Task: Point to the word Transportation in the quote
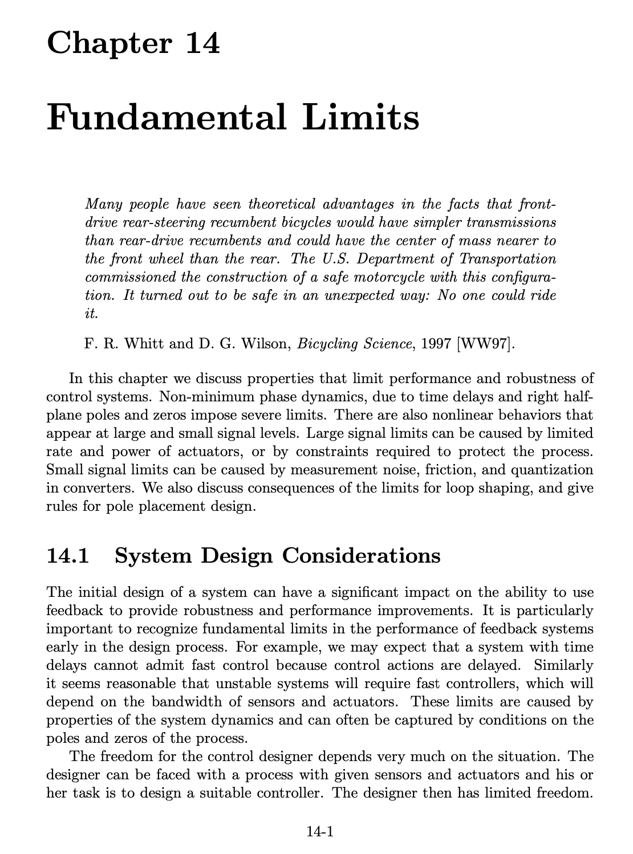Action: pyautogui.click(x=507, y=259)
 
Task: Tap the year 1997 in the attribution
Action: pyautogui.click(x=432, y=344)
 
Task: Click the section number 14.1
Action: pyautogui.click(x=68, y=555)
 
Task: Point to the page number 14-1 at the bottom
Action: pyautogui.click(x=319, y=832)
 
